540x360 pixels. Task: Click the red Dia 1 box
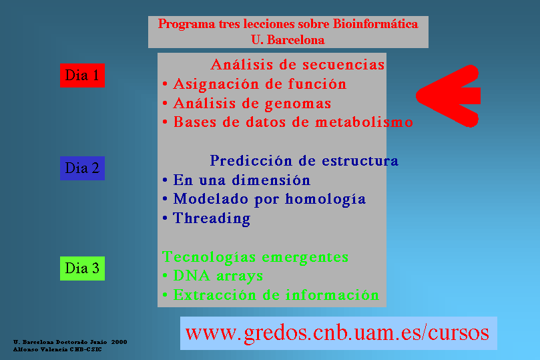pos(82,75)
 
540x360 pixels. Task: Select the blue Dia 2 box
pos(82,168)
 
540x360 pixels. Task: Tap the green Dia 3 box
pos(82,268)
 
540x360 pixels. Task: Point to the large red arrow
pos(448,96)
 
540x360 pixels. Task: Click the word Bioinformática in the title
pos(375,24)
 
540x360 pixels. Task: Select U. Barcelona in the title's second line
pos(288,39)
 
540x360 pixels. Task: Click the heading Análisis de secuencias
pos(298,64)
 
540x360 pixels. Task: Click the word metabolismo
pos(364,122)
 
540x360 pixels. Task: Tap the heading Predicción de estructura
pos(304,160)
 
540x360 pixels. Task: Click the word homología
pos(326,200)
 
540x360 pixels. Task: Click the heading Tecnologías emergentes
pos(255,257)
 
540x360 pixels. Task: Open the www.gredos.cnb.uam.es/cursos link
pos(337,333)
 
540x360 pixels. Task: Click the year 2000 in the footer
pos(119,342)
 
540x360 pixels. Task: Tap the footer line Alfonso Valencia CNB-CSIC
pos(57,349)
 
